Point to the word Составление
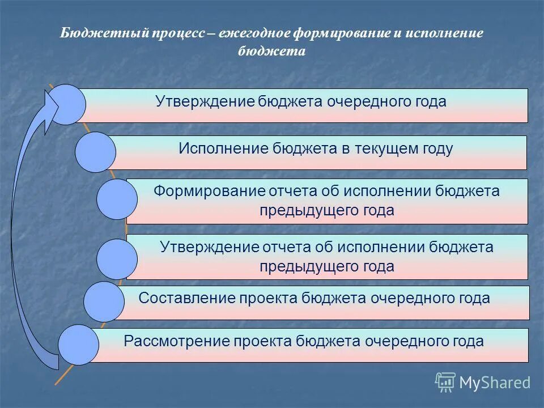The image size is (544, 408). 181,298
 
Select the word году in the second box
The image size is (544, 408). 436,149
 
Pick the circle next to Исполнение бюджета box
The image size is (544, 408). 95,152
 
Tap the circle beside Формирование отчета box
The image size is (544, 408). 117,199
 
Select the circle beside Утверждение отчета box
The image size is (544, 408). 117,259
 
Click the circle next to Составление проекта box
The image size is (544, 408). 104,301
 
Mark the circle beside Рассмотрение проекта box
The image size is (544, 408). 79,345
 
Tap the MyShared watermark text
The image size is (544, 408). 495,382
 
